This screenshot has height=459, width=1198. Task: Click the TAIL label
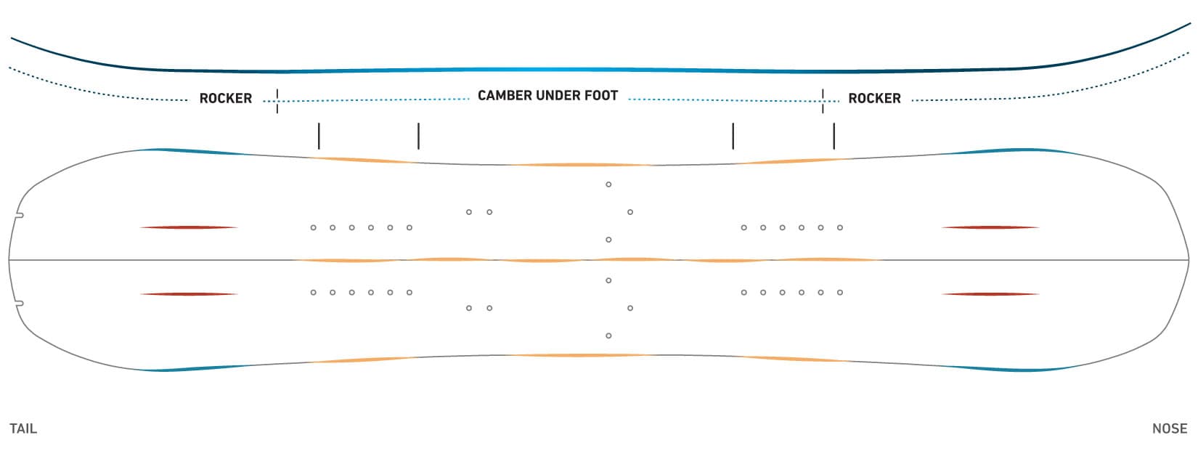point(23,428)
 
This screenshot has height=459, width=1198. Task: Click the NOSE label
point(1169,428)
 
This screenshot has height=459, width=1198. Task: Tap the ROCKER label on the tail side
point(226,98)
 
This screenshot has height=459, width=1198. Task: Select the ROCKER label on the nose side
point(874,98)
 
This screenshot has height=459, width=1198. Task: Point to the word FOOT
point(599,95)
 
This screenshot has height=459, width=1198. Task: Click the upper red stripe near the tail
point(189,227)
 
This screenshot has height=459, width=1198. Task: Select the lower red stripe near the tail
point(189,294)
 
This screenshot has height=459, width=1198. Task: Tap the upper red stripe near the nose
point(990,227)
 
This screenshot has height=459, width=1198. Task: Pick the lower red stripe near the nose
point(990,294)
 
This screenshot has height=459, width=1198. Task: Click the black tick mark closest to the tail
point(319,136)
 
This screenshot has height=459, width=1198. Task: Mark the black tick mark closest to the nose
point(834,136)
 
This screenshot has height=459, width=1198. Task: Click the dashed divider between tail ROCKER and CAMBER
point(277,100)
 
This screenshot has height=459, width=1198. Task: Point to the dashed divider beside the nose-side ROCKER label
point(823,100)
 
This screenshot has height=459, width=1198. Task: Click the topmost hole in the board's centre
point(608,184)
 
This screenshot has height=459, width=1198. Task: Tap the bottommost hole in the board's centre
point(608,336)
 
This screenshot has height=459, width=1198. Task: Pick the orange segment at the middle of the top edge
point(581,165)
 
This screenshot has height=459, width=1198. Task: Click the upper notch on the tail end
point(20,215)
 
